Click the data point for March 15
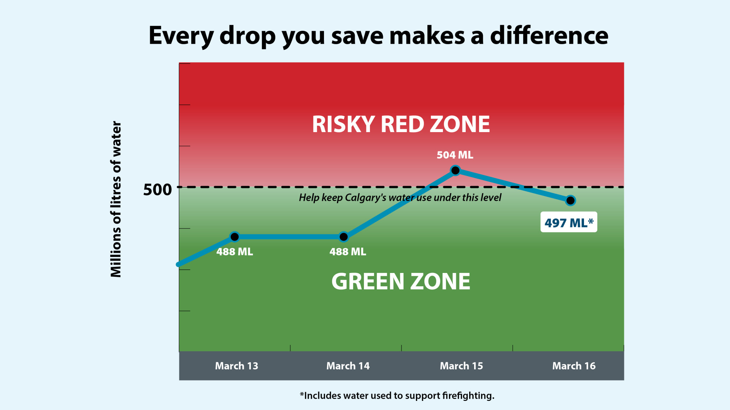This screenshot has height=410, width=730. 455,170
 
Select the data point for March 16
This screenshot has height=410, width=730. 570,200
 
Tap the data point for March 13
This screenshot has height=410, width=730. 235,237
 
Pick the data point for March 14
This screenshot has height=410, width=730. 344,237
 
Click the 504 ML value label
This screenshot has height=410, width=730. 455,155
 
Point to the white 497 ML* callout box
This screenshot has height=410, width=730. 569,222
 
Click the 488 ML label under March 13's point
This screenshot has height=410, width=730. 235,252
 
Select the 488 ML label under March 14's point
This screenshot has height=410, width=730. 348,252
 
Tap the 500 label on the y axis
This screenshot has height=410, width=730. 157,189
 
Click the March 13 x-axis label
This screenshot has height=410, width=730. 236,366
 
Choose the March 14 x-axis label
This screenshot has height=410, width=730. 348,366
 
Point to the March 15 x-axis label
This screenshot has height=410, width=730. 461,366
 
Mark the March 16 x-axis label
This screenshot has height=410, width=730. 574,366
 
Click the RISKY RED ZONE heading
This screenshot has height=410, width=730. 401,125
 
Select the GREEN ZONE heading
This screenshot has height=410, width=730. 401,281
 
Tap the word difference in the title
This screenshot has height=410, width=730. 549,36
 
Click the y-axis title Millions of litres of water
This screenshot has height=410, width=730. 116,199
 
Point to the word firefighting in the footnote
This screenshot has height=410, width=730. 468,396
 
